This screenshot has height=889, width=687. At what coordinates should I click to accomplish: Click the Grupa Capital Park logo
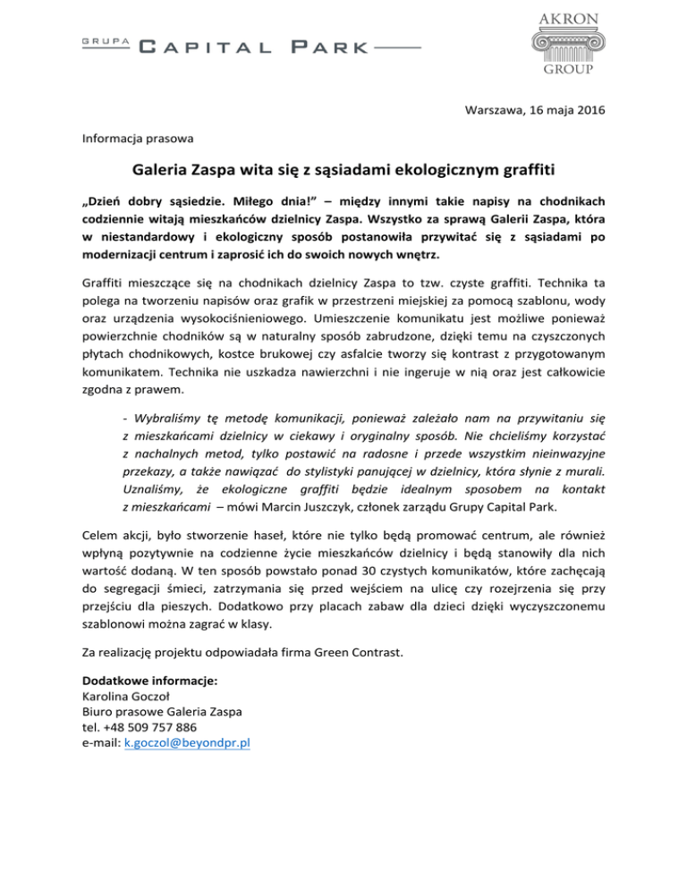[250, 46]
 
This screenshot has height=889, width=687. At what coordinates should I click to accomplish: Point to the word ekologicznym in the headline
[422, 170]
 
